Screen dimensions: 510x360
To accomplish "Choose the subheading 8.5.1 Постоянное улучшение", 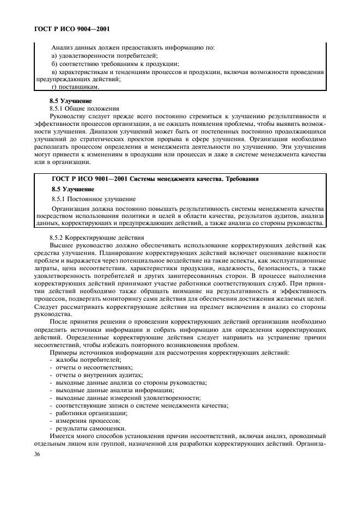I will point(93,198).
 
